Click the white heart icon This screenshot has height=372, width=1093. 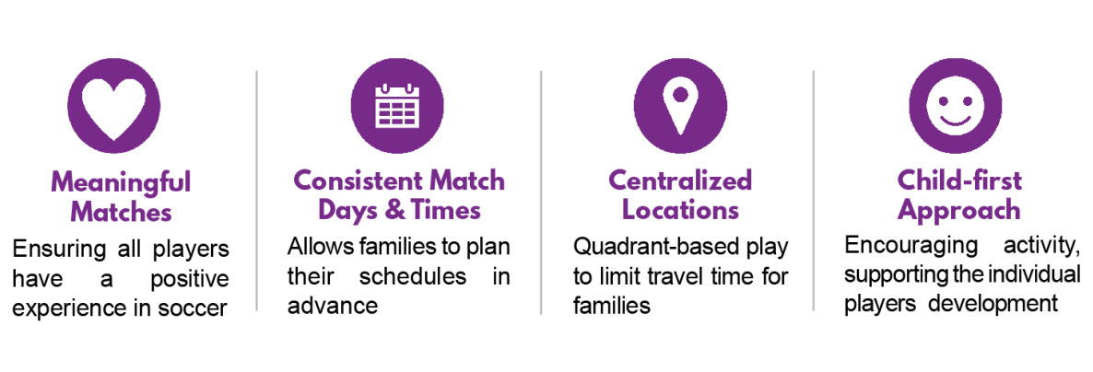pyautogui.click(x=113, y=109)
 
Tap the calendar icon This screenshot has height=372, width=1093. pyautogui.click(x=397, y=106)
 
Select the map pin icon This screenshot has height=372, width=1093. pyautogui.click(x=680, y=106)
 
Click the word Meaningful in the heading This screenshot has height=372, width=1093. pyautogui.click(x=121, y=182)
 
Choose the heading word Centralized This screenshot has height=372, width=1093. pyautogui.click(x=680, y=181)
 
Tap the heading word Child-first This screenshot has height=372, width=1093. pyautogui.click(x=959, y=181)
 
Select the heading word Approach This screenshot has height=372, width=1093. pyautogui.click(x=959, y=210)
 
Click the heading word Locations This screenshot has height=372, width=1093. pyautogui.click(x=680, y=210)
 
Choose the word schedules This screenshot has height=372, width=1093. pyautogui.click(x=413, y=276)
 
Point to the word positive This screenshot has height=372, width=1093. pyautogui.click(x=190, y=279)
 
